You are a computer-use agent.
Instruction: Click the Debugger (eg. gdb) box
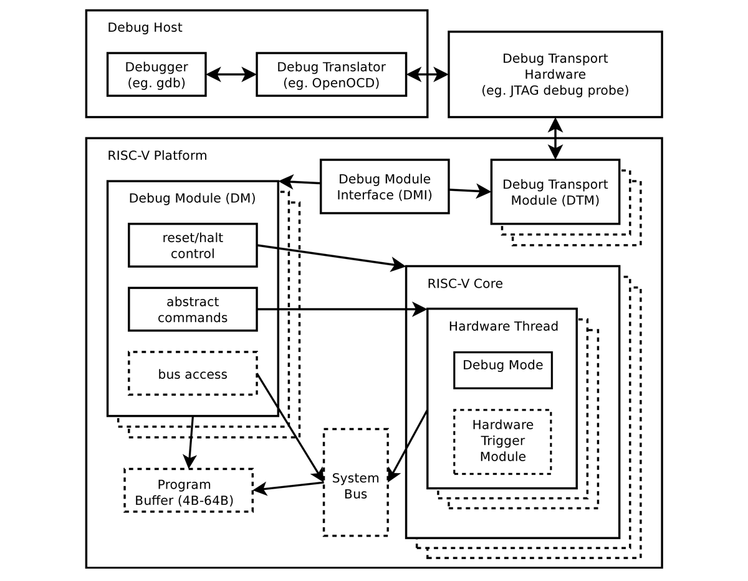coord(156,74)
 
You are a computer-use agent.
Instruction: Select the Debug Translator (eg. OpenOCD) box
coord(331,74)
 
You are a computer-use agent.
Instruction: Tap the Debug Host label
coord(145,27)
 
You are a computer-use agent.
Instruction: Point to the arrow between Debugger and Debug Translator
coord(231,75)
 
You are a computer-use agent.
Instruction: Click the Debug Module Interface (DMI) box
coord(384,186)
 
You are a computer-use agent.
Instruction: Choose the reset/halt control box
coord(193,245)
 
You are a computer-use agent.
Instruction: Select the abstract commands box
coord(193,310)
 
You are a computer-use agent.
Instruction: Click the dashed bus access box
coord(193,374)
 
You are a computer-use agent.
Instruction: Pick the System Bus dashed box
coord(355,482)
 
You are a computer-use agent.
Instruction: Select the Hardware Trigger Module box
coord(502,441)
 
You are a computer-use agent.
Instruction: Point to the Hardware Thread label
coord(504,326)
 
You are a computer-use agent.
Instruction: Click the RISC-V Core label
coord(465,284)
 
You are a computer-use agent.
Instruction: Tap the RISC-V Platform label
coord(157,155)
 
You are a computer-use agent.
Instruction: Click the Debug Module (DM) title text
coord(192,198)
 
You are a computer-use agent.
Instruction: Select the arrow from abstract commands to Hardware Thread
coord(342,310)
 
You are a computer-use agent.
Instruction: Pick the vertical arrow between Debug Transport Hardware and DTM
coord(555,139)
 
